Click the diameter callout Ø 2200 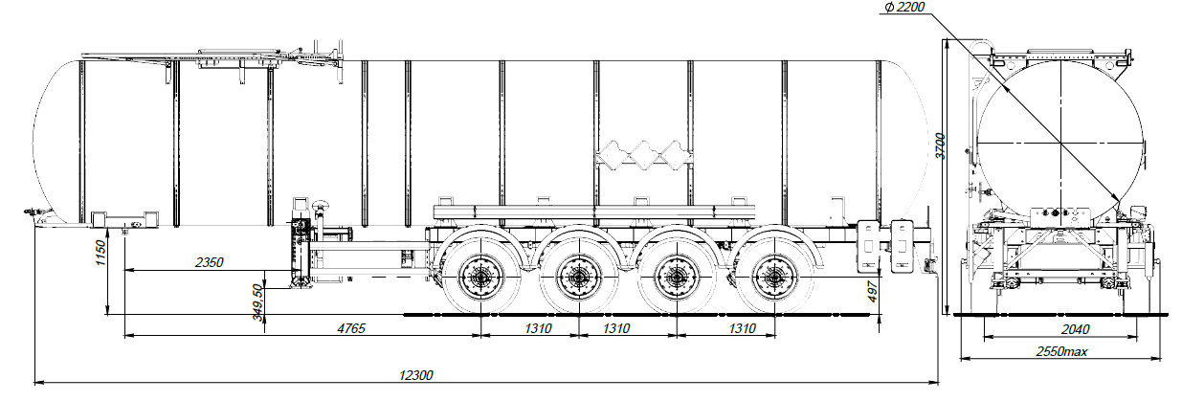pyautogui.click(x=903, y=9)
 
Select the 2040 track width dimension pyautogui.click(x=1057, y=329)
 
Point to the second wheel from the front pyautogui.click(x=577, y=278)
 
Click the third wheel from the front pyautogui.click(x=675, y=278)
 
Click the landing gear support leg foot pyautogui.click(x=302, y=281)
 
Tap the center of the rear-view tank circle pyautogui.click(x=1060, y=144)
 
